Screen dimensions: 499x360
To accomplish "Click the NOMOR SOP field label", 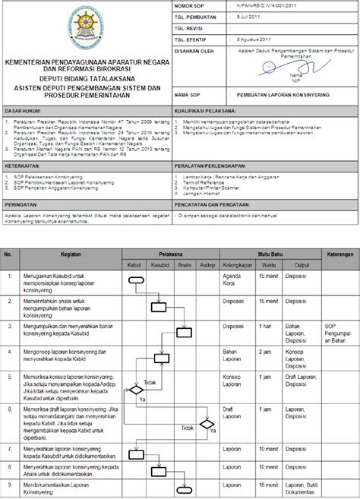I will [190, 5].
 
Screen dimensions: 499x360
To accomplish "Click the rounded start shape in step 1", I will [137, 280].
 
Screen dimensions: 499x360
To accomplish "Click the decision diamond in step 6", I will [206, 424].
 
